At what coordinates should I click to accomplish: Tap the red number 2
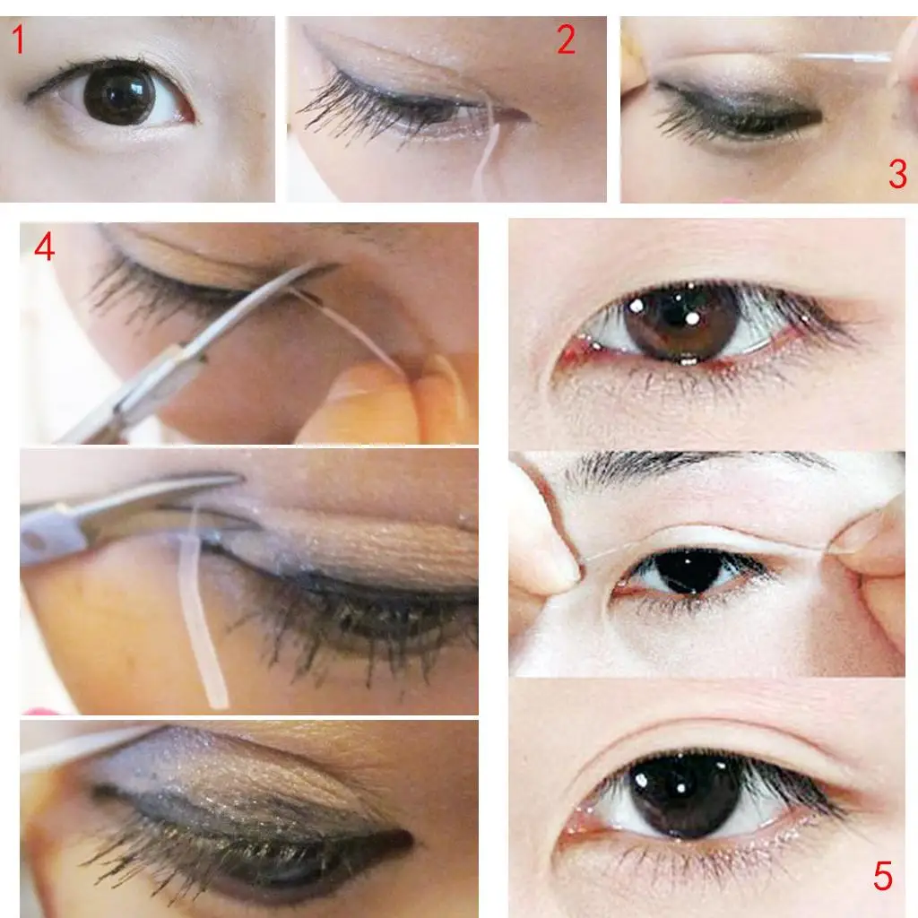pyautogui.click(x=566, y=40)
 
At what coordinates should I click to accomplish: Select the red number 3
pyautogui.click(x=897, y=174)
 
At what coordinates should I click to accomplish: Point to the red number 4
pyautogui.click(x=45, y=247)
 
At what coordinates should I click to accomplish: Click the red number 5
pyautogui.click(x=883, y=877)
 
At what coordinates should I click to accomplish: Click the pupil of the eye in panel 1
pyautogui.click(x=119, y=96)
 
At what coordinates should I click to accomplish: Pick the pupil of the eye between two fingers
pyautogui.click(x=690, y=571)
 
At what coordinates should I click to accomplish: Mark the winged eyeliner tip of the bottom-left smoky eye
pyautogui.click(x=408, y=842)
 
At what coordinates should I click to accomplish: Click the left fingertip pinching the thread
pyautogui.click(x=547, y=547)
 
